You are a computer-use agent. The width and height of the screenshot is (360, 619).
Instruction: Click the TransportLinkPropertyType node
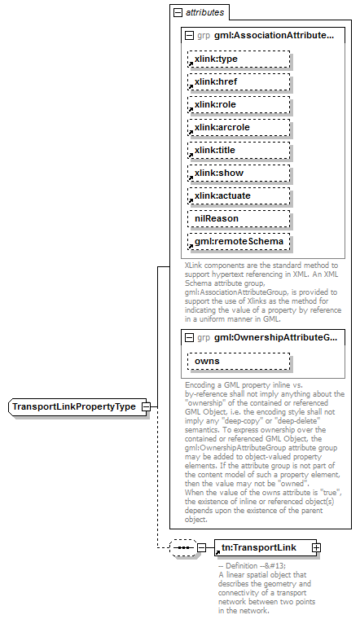tap(73, 406)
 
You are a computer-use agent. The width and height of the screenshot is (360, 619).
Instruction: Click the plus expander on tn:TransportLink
tap(316, 547)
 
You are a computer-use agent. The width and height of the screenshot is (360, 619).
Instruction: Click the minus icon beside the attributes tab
tap(177, 12)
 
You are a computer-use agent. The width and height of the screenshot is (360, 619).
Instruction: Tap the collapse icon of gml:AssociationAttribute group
tap(190, 36)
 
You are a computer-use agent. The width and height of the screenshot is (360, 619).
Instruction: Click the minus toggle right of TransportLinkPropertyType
tap(145, 406)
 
